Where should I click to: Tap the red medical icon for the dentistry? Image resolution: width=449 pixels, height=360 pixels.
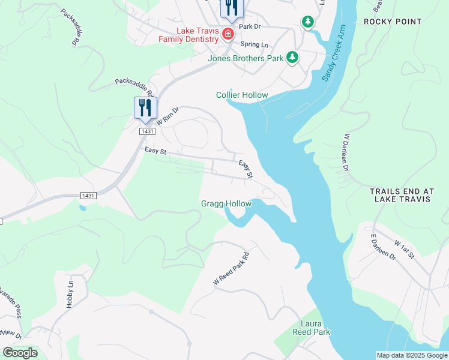coord(228,34)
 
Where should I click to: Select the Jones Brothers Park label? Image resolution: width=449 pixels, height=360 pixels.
coord(245,59)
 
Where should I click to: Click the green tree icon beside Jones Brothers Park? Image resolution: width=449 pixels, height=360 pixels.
coord(292,58)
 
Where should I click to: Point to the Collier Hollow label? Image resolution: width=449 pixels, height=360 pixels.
coord(242,95)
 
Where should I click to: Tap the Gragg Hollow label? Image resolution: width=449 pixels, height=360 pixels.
coord(226,204)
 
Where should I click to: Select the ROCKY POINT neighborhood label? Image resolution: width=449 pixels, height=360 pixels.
coord(393,22)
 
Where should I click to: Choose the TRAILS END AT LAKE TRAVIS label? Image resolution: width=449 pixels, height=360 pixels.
coord(400,195)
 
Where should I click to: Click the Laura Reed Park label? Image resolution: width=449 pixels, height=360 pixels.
coord(312,328)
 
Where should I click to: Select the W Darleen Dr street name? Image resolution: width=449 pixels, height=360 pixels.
coord(346,152)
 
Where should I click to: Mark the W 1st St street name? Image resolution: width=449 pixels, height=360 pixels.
coord(405,250)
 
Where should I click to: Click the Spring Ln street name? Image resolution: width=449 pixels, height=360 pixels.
coord(254,44)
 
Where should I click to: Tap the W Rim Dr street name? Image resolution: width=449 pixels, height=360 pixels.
coord(167,116)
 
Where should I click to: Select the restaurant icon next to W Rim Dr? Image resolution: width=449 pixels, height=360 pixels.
coord(145,108)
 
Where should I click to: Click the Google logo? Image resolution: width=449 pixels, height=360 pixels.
coord(20,353)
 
